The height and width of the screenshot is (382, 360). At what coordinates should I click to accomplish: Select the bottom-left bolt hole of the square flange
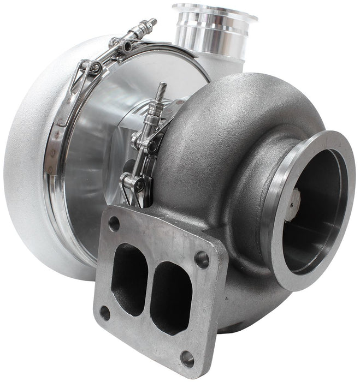105,313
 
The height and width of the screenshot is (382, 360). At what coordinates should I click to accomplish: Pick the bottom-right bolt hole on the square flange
187,359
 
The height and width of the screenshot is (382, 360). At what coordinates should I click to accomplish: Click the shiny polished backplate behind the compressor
98,164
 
